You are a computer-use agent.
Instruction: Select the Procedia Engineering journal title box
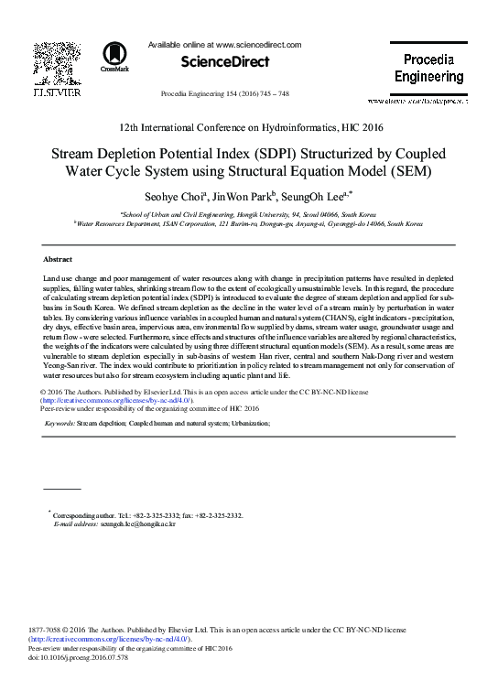[429, 69]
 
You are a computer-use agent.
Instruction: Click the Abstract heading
[58, 260]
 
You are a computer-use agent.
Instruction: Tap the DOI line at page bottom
[80, 658]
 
